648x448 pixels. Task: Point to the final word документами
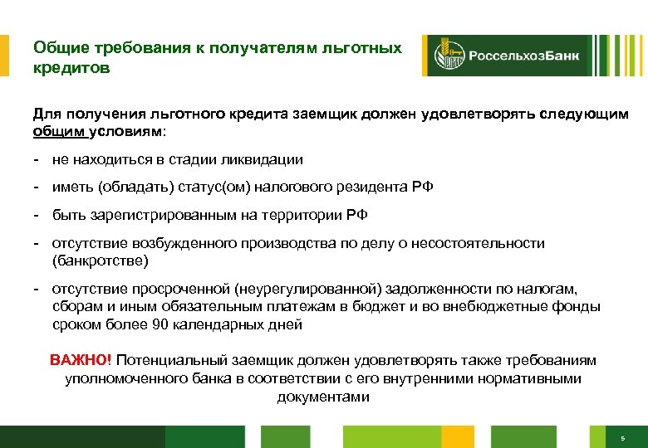point(323,397)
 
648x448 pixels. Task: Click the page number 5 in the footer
point(622,437)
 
